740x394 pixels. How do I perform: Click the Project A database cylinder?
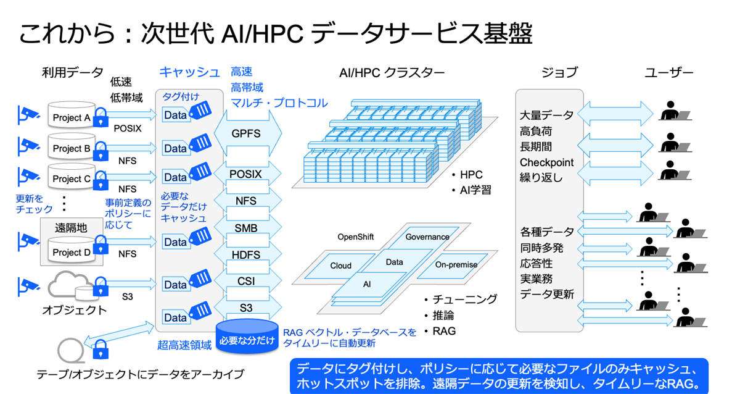pyautogui.click(x=71, y=117)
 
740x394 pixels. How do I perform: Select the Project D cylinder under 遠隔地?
pyautogui.click(x=71, y=252)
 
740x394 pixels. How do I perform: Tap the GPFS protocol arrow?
pyautogui.click(x=246, y=133)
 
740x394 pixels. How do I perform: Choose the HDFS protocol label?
pyautogui.click(x=246, y=254)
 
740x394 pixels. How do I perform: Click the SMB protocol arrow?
pyautogui.click(x=246, y=228)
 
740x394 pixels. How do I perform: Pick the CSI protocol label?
pyautogui.click(x=246, y=281)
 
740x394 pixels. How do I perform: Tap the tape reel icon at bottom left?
pyautogui.click(x=69, y=350)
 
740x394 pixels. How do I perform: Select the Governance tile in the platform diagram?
pyautogui.click(x=427, y=237)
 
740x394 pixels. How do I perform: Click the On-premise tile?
pyautogui.click(x=456, y=265)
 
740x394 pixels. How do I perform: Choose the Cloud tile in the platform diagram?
pyautogui.click(x=340, y=266)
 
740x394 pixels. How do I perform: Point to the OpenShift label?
pyautogui.click(x=355, y=237)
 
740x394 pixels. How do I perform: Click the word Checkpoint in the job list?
pyautogui.click(x=546, y=162)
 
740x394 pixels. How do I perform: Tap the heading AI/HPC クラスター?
pyautogui.click(x=392, y=73)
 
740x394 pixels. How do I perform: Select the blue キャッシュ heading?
pyautogui.click(x=189, y=72)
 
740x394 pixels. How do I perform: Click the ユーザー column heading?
pyautogui.click(x=668, y=73)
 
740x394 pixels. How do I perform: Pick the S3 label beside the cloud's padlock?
pyautogui.click(x=127, y=296)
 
